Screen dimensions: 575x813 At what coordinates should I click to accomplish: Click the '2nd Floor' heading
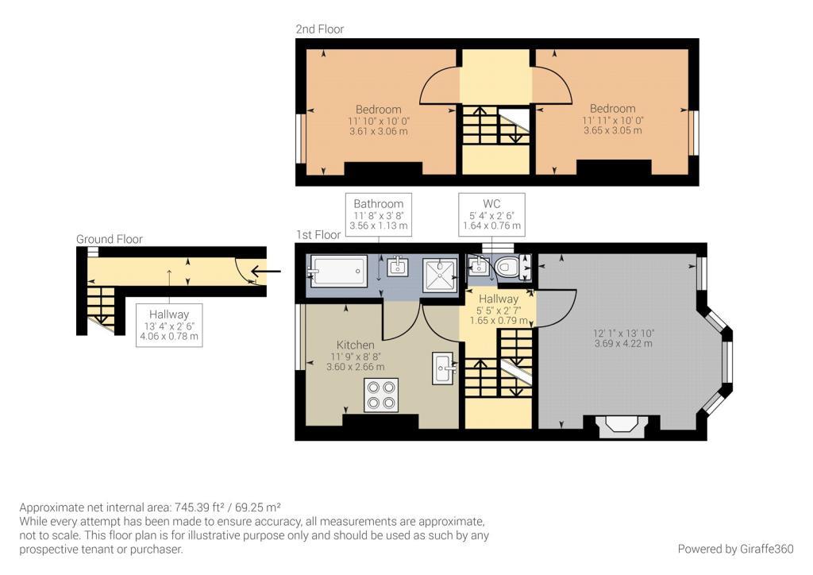319,29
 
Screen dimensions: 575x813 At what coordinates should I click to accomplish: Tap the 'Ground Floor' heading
109,238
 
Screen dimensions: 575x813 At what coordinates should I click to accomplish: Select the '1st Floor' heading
318,235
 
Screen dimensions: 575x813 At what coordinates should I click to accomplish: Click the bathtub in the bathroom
338,270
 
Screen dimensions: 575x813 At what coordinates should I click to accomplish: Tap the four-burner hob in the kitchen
380,395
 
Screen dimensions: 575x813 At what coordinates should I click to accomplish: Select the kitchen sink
444,368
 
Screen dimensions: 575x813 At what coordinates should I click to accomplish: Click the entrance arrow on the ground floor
266,272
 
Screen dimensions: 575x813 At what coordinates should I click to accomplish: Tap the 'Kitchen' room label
355,345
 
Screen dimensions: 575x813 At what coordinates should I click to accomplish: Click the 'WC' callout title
491,203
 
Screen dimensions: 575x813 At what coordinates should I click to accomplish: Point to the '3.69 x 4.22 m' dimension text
623,343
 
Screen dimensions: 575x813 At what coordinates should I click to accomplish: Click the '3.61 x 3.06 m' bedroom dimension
378,131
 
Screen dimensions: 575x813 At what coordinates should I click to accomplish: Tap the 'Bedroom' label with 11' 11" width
612,109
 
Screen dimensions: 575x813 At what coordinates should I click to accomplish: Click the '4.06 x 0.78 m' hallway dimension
168,337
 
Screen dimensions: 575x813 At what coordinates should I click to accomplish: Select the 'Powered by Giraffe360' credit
735,549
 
